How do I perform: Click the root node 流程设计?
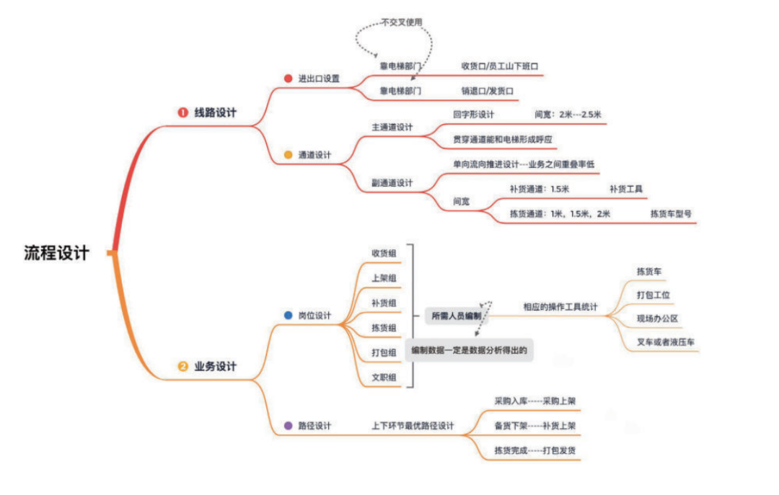(57, 254)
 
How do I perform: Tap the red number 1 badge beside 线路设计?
(182, 113)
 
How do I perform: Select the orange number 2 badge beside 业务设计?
(182, 367)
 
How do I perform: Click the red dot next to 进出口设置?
(288, 79)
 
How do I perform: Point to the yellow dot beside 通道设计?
(288, 154)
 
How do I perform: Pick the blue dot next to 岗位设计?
(288, 316)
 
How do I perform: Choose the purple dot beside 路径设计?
(288, 426)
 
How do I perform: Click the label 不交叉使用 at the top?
(402, 22)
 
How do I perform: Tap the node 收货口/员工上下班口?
(501, 66)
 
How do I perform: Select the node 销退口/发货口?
(487, 92)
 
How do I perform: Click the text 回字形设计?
(473, 115)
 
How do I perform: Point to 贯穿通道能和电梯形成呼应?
(505, 138)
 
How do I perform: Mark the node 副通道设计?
(392, 183)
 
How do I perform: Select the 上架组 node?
(384, 278)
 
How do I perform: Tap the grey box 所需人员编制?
(456, 316)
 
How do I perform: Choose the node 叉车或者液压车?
(665, 342)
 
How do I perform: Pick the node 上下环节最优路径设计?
(413, 426)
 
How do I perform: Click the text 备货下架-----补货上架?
(534, 426)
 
